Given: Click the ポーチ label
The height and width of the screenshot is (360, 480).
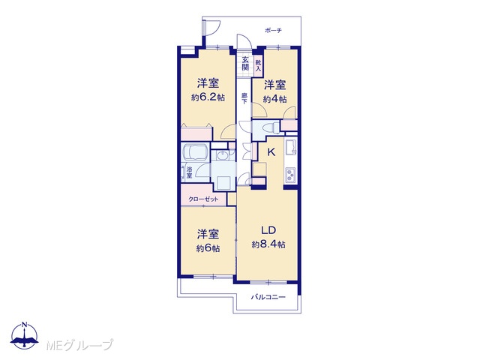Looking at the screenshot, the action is coord(273,30).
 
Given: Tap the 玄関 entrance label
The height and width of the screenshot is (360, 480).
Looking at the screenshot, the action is coord(245,64).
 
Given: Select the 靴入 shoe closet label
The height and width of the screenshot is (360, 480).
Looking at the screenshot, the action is coord(259,66).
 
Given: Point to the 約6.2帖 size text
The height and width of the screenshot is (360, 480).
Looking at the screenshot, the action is coord(208,97).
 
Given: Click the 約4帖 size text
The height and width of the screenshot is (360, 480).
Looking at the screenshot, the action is coord(275,99).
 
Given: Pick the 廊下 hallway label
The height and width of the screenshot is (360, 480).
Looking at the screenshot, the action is coord(244,98).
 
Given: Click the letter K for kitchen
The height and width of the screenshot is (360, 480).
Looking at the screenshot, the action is coord(271,152).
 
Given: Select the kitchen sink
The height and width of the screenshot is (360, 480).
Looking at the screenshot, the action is coord(291,147).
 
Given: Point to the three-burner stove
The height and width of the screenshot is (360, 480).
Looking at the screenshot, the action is coord(291,175).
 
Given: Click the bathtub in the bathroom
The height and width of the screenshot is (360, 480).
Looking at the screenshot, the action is coord(195,152).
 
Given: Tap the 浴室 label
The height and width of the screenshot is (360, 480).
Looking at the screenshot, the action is coord(189,172).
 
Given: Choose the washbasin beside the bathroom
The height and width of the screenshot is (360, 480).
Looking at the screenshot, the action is coord(222,156).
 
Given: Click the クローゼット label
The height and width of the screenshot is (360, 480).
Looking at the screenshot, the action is coord(203,199).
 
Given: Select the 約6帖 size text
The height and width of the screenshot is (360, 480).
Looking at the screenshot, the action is coord(208,248).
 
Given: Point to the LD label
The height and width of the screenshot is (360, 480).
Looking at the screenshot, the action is coord(268,230).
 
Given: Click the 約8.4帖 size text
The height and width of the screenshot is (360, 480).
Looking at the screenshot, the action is coord(268,244).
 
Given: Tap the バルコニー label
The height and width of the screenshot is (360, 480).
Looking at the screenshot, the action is coord(268,297).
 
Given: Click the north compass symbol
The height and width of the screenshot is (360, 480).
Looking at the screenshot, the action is coord(24,335).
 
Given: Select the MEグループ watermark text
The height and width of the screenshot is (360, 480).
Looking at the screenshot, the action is coord(79,345).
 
